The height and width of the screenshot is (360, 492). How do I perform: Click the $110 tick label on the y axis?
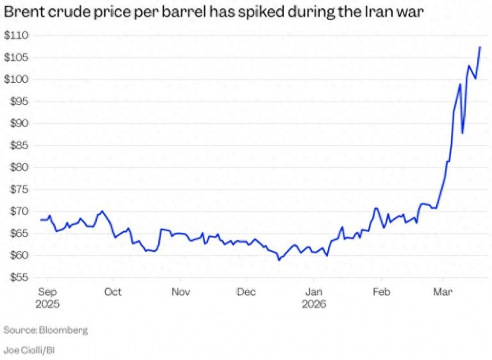pos(16,35)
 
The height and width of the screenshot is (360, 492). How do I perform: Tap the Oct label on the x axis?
pos(113,291)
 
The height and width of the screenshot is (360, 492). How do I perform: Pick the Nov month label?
pos(180,291)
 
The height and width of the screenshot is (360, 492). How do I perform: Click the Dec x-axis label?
pos(247,291)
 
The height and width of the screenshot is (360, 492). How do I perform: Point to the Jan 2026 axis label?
pos(314,297)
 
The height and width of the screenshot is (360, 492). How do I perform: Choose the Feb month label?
pos(380,291)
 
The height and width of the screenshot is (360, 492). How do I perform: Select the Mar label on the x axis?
pos(443,291)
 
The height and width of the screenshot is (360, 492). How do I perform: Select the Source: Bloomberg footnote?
pos(46,330)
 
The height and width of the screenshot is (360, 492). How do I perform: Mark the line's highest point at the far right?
pos(480,47)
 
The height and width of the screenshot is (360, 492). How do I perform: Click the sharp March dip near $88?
pos(462,132)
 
